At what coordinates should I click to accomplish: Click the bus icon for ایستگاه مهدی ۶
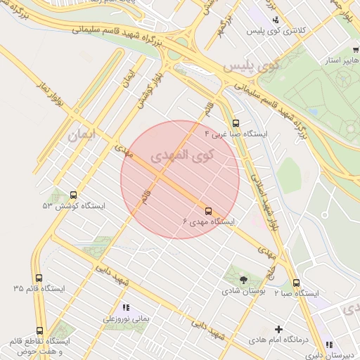208,211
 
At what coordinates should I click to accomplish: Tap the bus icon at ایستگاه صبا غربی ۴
235,123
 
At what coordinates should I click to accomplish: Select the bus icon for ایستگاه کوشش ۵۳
74,195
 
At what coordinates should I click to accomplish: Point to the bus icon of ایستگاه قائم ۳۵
39,278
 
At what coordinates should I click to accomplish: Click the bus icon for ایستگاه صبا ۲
296,283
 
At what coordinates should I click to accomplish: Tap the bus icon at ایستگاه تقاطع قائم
39,330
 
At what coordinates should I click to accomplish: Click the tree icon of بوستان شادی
243,280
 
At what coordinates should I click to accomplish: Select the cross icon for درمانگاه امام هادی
278,329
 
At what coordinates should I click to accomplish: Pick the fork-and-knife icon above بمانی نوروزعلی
127,307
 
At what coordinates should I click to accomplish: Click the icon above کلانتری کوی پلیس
276,20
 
